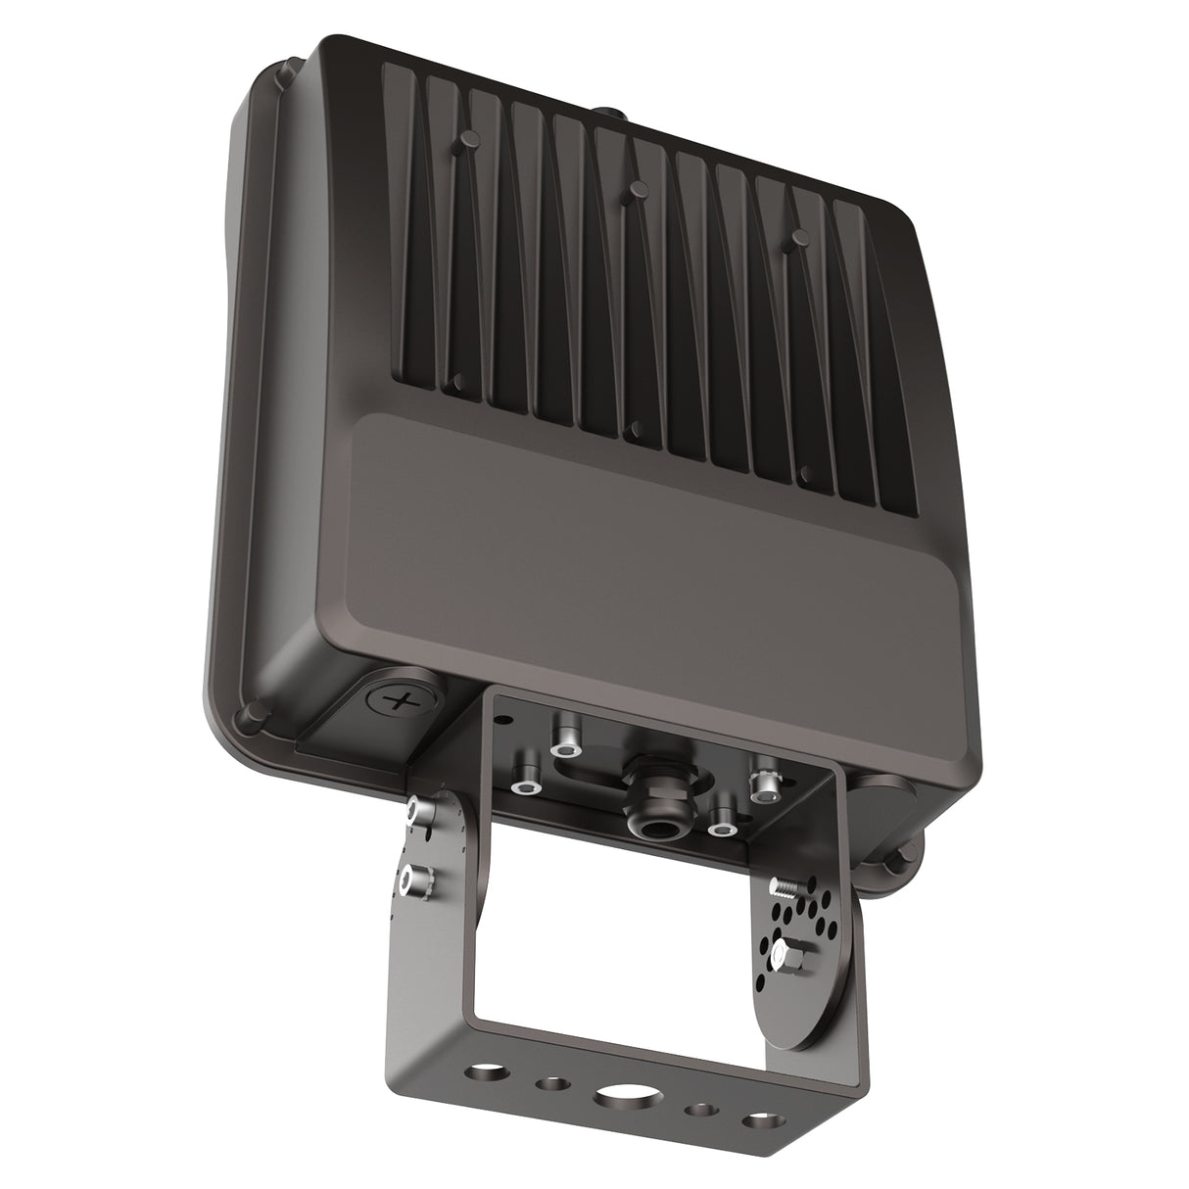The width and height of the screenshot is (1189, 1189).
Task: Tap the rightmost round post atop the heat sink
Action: pos(799,235)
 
